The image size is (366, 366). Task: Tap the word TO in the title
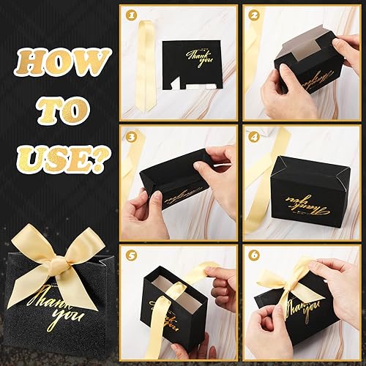[61, 110]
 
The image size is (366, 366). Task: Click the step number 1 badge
[132, 15]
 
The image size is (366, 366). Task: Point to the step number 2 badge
[253, 15]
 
